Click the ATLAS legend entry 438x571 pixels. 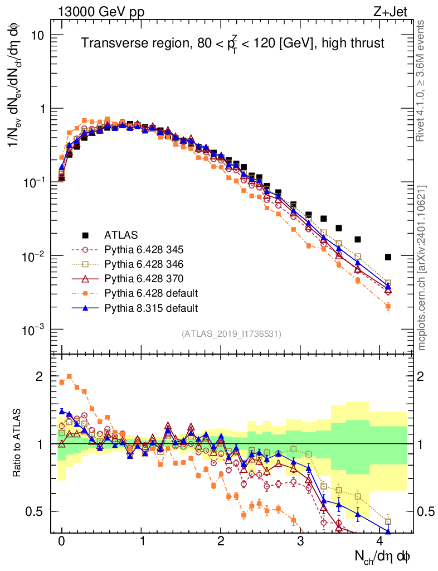coord(123,234)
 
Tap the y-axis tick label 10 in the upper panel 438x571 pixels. coord(37,35)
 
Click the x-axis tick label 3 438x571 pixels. coord(301,541)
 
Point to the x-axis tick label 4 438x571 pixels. coord(381,541)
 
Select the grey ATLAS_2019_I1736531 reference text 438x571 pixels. coord(231,334)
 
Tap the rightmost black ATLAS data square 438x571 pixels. coord(388,257)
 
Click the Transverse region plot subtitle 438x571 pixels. coord(232,43)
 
